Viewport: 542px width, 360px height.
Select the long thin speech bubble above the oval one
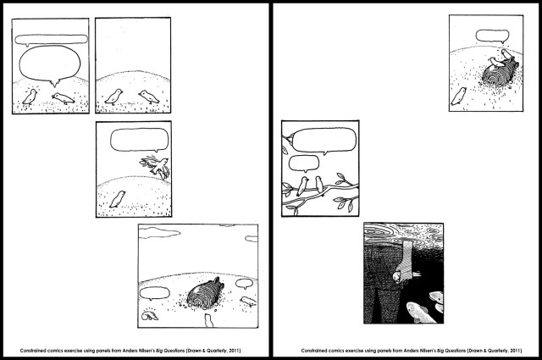tap(51, 39)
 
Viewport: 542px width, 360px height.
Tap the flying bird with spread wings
tap(156, 166)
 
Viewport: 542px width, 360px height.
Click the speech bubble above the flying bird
tap(140, 140)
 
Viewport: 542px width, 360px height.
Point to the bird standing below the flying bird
tap(118, 199)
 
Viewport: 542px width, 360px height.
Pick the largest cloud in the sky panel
tap(159, 232)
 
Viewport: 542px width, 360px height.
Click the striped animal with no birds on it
tap(205, 294)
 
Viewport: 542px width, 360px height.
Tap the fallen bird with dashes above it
tap(150, 315)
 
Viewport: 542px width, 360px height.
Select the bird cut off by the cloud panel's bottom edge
tap(208, 320)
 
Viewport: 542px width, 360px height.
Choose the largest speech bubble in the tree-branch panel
tap(324, 140)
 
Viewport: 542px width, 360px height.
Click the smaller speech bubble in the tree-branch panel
tap(303, 163)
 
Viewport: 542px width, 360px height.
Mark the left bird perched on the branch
tap(302, 186)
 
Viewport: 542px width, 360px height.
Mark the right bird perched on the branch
tap(319, 186)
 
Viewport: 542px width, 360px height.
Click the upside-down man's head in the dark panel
tap(398, 276)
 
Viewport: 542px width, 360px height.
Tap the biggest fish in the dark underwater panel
tap(421, 312)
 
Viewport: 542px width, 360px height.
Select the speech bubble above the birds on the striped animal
tap(492, 36)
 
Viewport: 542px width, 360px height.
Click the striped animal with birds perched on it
tap(501, 72)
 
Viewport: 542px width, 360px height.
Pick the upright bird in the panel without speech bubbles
tap(114, 97)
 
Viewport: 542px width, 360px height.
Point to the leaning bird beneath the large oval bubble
tap(64, 98)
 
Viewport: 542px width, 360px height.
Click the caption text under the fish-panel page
tap(412, 351)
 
